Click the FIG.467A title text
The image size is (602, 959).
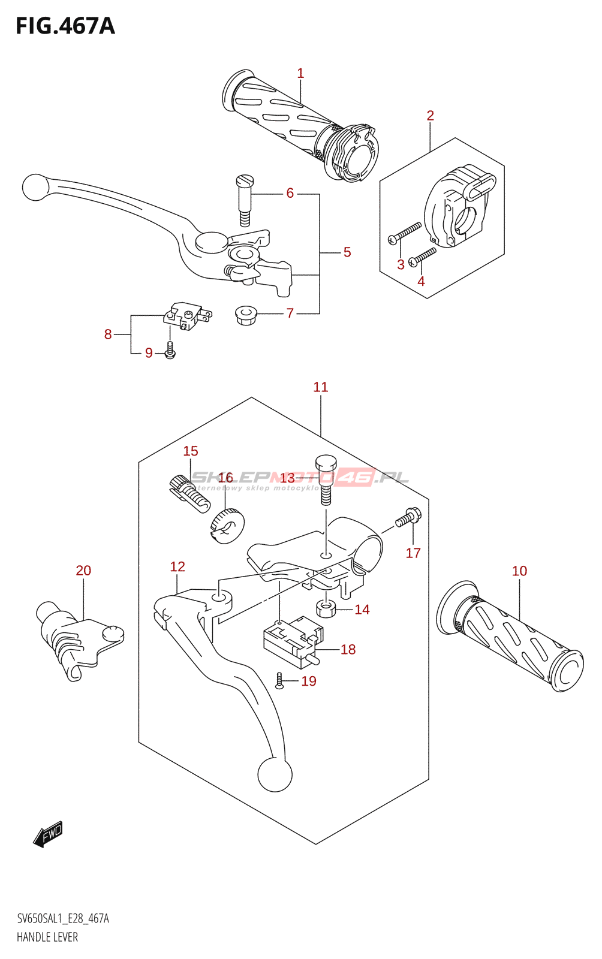(65, 26)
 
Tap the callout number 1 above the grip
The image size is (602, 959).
(300, 74)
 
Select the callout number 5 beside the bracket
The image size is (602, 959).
(347, 252)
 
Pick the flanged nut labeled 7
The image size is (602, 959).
(245, 314)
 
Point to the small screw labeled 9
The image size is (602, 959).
(170, 351)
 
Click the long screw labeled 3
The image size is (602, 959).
(405, 233)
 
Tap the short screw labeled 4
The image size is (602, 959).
(423, 257)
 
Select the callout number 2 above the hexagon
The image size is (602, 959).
(430, 116)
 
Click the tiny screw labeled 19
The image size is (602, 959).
(279, 680)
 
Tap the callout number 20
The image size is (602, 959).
(83, 571)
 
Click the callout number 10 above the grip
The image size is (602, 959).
(519, 571)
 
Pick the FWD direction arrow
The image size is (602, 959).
(49, 834)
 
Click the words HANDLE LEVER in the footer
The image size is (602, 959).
(47, 937)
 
